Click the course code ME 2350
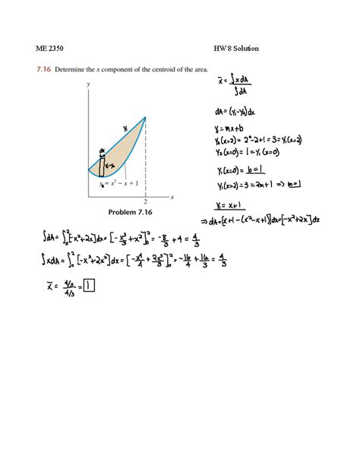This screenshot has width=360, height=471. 49,49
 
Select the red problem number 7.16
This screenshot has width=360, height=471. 43,69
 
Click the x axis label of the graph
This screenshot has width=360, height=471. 172,196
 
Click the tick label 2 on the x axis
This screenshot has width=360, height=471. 145,201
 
